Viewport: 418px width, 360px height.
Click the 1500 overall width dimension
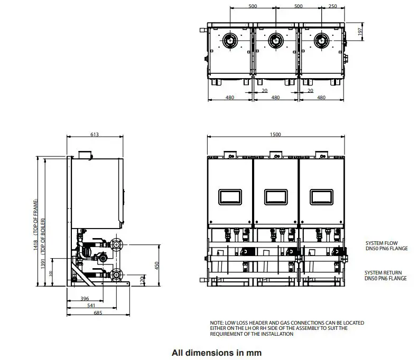(x=275, y=135)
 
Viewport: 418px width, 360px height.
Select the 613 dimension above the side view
(x=95, y=135)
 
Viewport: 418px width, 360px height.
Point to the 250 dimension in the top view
(x=332, y=6)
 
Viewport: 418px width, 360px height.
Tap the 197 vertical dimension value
(x=360, y=32)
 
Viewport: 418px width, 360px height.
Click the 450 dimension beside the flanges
(x=157, y=265)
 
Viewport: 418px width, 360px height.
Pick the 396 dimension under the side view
(x=84, y=299)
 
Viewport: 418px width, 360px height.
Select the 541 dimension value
(x=92, y=306)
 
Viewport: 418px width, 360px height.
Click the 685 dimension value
(x=98, y=313)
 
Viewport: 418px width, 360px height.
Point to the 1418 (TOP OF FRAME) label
(x=36, y=224)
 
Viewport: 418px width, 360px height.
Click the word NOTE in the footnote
(x=216, y=323)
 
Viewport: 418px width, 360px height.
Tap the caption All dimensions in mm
(x=217, y=352)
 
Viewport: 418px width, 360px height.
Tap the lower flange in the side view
(x=116, y=274)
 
